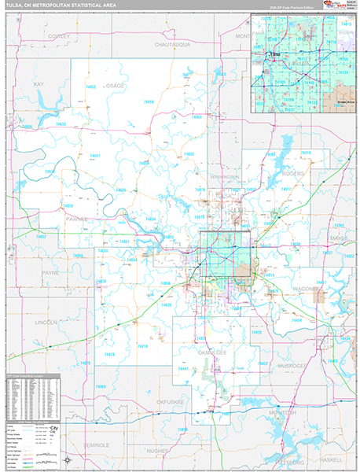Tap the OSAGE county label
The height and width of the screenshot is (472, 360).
(x=116, y=84)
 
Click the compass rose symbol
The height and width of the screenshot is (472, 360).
(x=68, y=459)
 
